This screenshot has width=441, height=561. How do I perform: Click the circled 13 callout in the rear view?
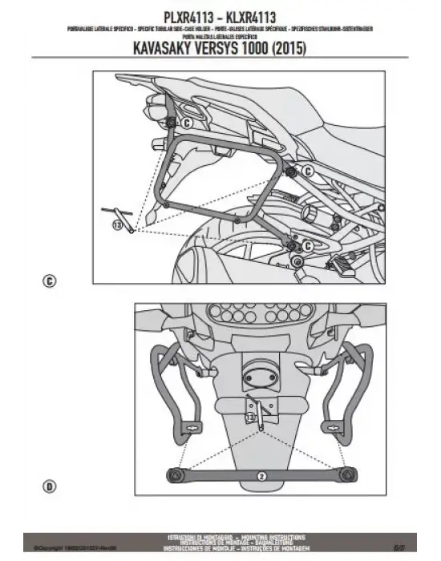(250, 418)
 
